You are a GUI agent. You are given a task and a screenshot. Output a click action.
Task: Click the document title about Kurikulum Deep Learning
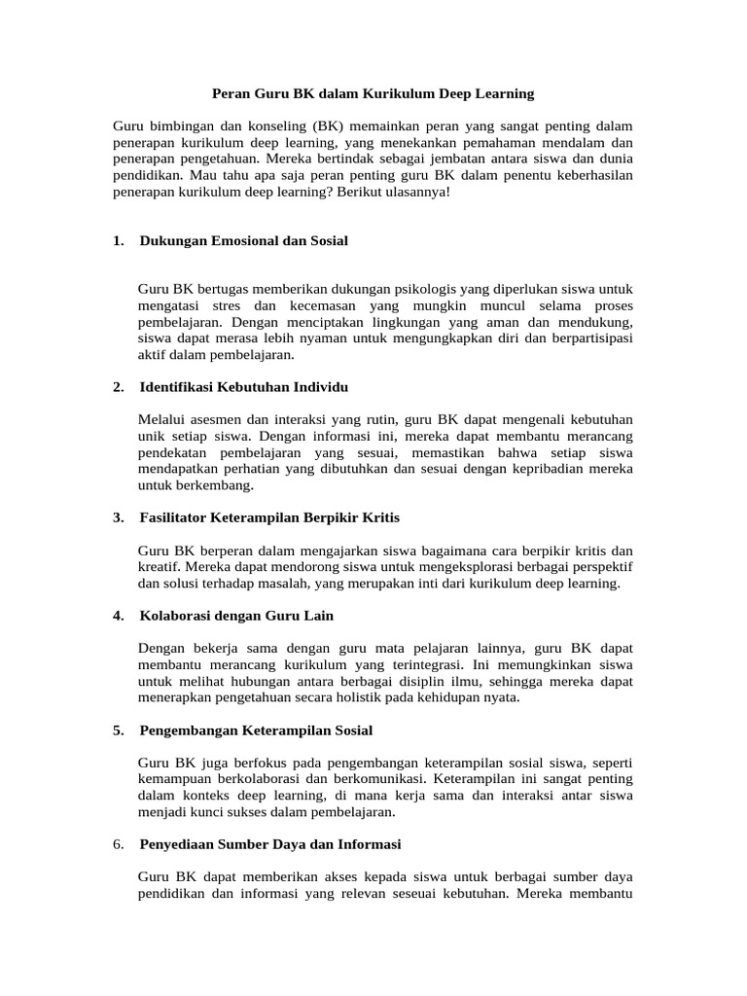point(373,93)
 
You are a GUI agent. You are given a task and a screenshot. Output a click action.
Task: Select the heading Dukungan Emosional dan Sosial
point(243,240)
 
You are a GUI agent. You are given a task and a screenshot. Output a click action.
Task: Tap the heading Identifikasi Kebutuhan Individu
point(243,387)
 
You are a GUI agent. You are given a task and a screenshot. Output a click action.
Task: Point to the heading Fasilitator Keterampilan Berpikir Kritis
point(269,517)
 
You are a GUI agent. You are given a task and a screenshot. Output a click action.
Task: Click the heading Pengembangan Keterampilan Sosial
point(256,729)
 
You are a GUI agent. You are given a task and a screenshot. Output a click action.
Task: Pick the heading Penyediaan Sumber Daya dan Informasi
point(270,844)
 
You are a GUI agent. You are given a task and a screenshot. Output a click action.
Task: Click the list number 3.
point(118,517)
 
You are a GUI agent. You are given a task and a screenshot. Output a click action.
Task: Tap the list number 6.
point(118,844)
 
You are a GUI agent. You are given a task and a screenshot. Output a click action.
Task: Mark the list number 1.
point(118,240)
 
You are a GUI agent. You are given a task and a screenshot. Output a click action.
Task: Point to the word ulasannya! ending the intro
point(409,192)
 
